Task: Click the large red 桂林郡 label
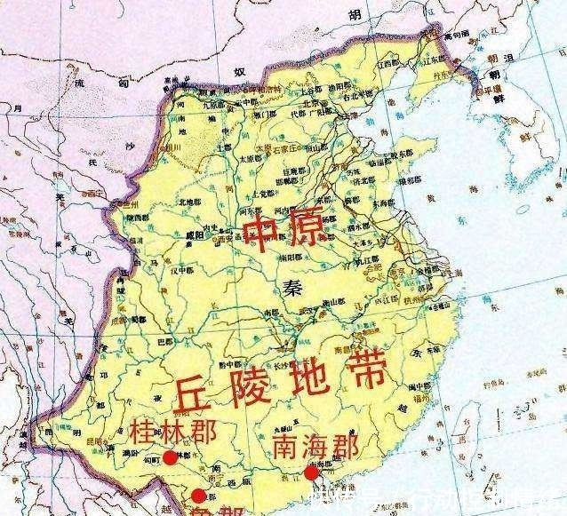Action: pyautogui.click(x=172, y=434)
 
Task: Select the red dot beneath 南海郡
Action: pyautogui.click(x=310, y=472)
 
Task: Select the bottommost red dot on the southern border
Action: pyautogui.click(x=198, y=496)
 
